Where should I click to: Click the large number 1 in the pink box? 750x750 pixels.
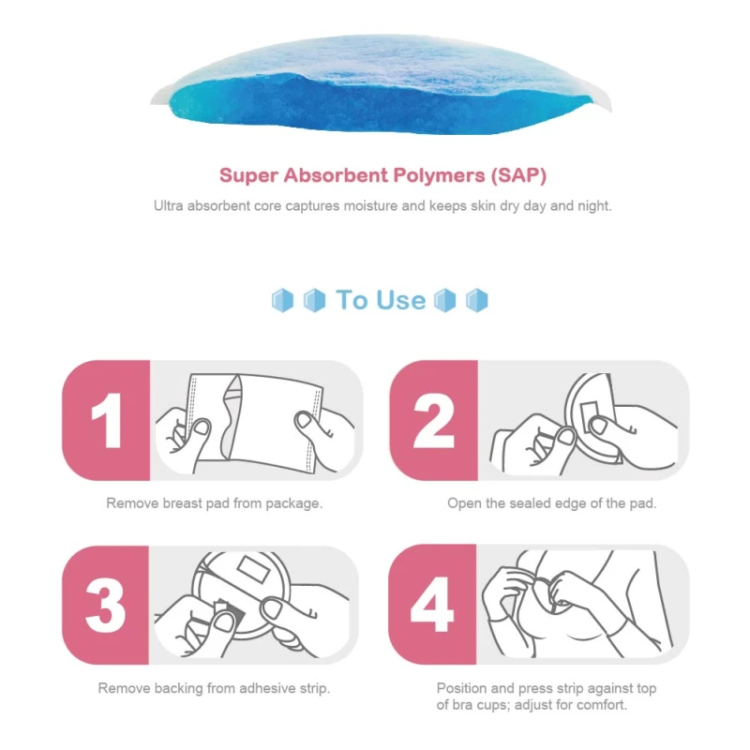coord(107,420)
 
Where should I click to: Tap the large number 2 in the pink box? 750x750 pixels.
coord(433,420)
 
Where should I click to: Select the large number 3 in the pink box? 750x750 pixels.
coord(105,605)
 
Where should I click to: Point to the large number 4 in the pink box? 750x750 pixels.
coord(432,605)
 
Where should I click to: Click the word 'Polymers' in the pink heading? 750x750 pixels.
coord(439,175)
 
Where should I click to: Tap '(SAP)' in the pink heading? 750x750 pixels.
coord(518,175)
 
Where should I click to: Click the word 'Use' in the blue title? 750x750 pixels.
coord(401,300)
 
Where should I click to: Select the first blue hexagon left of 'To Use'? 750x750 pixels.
coord(282,300)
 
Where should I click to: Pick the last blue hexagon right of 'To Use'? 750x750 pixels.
coord(477,300)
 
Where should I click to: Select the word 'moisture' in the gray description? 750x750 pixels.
coord(370,206)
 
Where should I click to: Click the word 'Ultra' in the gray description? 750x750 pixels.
coord(169,206)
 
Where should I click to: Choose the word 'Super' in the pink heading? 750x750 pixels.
coord(248,176)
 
